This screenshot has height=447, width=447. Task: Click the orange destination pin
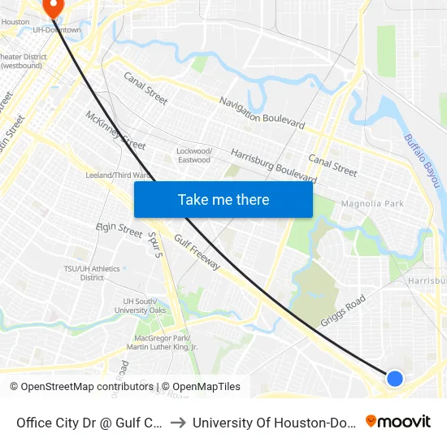(x=54, y=7)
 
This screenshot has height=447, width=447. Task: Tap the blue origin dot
(x=394, y=378)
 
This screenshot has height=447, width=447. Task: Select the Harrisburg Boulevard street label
(x=273, y=163)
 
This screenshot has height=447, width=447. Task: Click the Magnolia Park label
(x=372, y=203)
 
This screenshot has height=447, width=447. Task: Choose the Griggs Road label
(x=343, y=310)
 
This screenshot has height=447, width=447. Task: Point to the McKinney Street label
(x=115, y=130)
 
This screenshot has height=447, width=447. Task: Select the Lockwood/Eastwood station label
(x=194, y=155)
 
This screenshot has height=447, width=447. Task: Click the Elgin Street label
(x=119, y=230)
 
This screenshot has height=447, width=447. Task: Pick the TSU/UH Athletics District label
(x=92, y=273)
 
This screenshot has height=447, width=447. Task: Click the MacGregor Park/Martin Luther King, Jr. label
(x=166, y=342)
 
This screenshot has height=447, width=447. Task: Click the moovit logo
(x=398, y=421)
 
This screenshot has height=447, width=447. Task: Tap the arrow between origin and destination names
(x=177, y=422)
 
